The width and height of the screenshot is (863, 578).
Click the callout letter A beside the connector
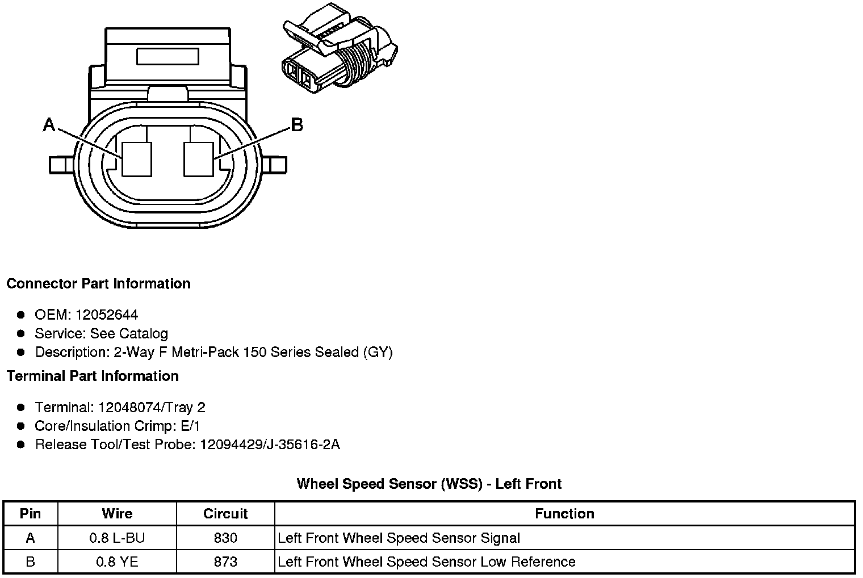click(49, 124)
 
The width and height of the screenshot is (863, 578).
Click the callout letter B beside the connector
click(296, 124)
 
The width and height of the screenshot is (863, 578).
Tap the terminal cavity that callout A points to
click(137, 158)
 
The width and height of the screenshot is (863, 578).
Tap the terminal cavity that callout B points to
click(199, 158)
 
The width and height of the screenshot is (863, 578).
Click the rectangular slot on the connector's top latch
click(167, 57)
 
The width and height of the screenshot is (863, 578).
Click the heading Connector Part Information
click(98, 283)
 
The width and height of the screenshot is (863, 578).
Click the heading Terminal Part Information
click(93, 376)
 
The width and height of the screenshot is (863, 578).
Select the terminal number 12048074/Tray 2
click(152, 407)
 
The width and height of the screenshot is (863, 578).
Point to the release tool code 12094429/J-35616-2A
click(270, 444)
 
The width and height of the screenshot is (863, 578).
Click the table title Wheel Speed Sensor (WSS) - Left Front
click(429, 484)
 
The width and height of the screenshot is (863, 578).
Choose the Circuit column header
click(225, 514)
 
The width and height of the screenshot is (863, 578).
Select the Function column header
click(564, 514)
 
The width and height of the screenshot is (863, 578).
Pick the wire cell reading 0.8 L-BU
click(117, 538)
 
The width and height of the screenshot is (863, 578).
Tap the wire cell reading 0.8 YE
click(117, 562)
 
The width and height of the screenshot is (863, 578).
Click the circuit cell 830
click(225, 538)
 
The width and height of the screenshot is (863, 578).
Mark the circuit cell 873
click(225, 562)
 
